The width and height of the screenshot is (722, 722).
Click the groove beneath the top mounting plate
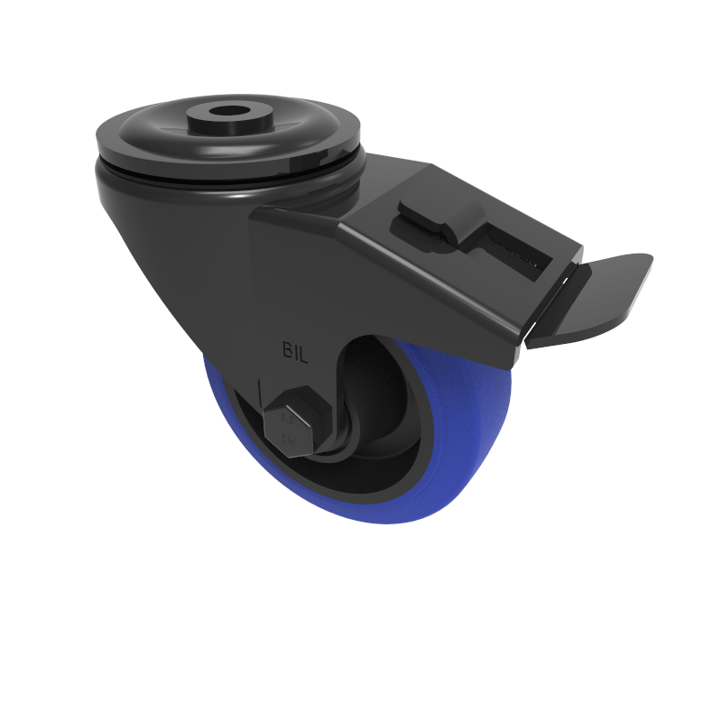[226, 176]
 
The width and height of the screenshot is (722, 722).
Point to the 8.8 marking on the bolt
[289, 418]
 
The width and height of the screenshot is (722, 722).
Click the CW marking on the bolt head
[290, 440]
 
